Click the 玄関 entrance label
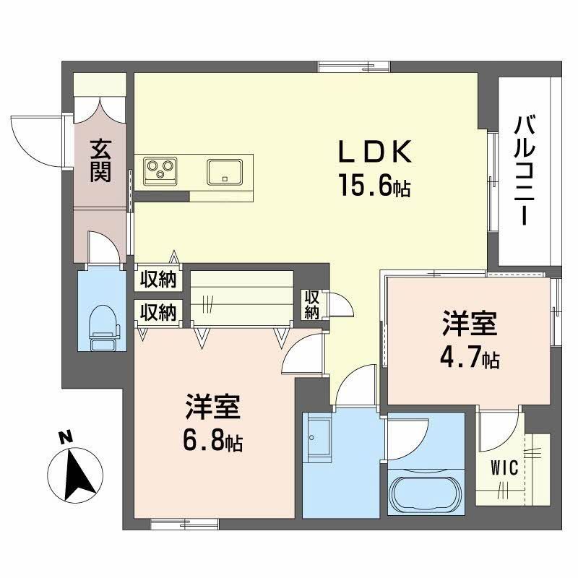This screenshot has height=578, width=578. (100, 160)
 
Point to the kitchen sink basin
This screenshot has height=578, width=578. (225, 172)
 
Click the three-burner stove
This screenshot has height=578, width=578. (161, 171)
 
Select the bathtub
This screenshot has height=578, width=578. (425, 491)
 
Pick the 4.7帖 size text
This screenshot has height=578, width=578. (470, 359)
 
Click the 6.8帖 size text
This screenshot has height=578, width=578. (212, 440)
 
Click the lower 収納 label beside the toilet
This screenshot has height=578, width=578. (158, 312)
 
